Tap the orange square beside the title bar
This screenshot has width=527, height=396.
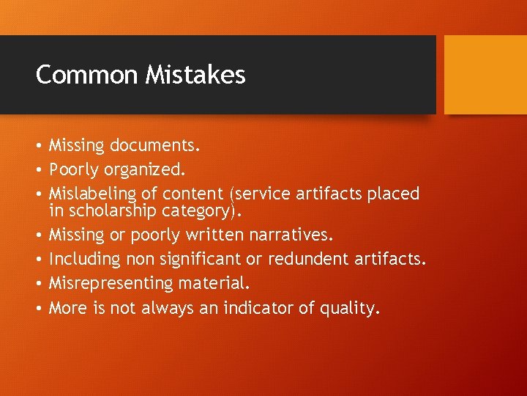click(485, 75)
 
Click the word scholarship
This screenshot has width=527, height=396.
click(111, 211)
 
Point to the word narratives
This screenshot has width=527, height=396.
click(291, 235)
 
